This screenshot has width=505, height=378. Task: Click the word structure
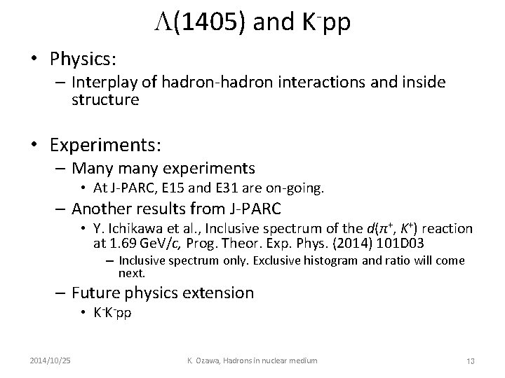(x=105, y=99)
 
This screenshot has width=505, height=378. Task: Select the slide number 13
(x=470, y=360)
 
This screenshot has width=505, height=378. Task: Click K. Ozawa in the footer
(x=202, y=360)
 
